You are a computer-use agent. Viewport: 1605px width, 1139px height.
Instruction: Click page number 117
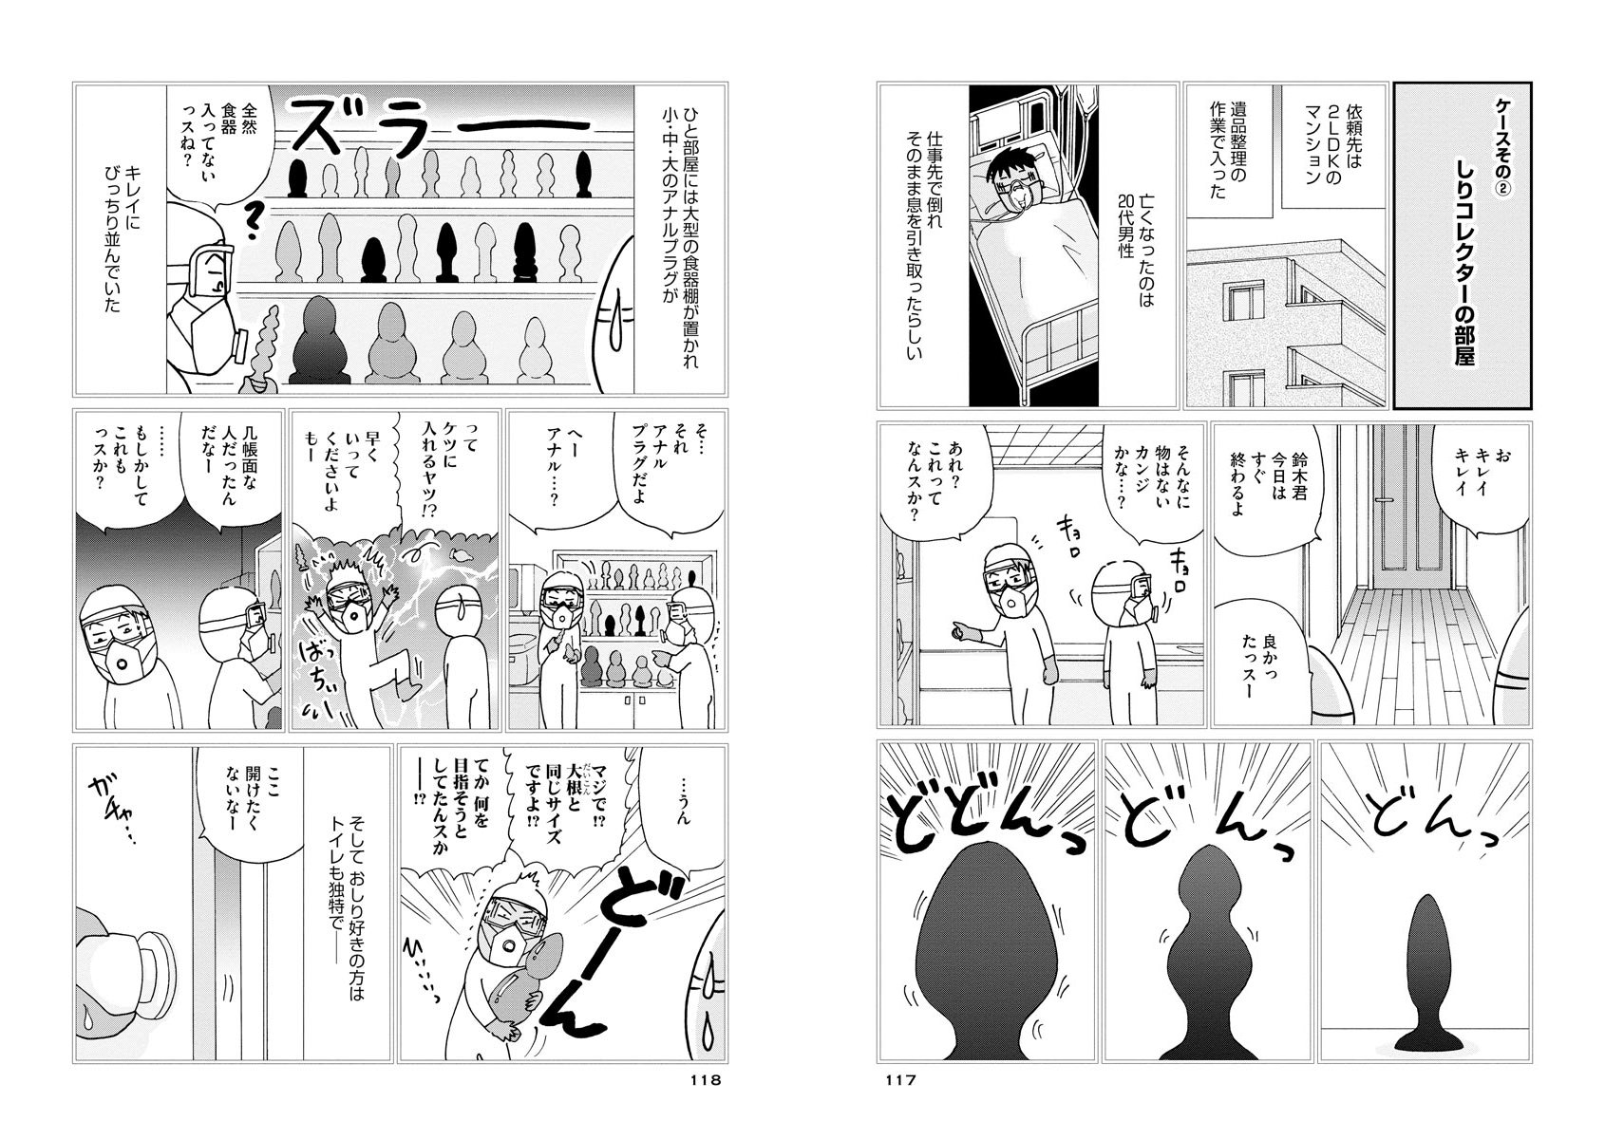(x=900, y=1080)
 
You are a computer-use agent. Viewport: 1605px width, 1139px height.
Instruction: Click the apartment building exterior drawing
(x=1286, y=322)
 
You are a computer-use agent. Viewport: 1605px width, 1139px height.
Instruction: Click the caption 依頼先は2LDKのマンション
(x=1323, y=147)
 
